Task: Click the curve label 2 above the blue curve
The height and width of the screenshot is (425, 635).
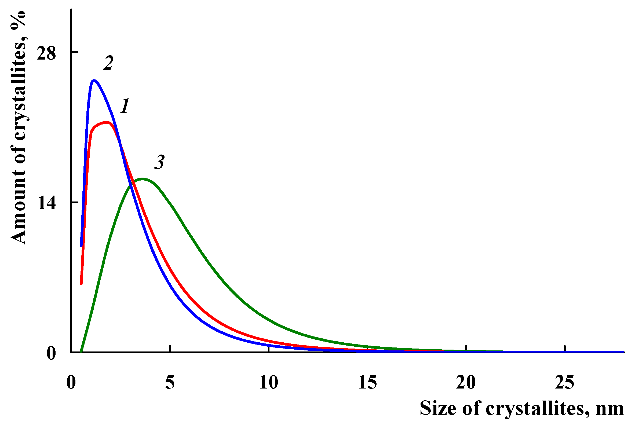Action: coord(108,63)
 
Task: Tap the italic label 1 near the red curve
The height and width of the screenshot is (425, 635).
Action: coord(125,106)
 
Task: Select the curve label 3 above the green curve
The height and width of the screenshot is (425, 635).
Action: coord(159,162)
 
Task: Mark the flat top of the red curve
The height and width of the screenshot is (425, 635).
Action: coord(104,123)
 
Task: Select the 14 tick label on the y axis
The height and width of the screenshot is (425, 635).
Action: coord(46,203)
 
